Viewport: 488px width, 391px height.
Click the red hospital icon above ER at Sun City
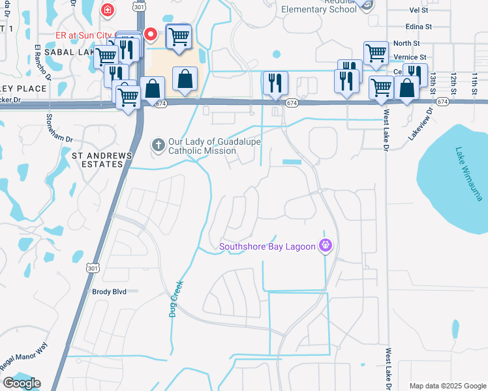pos(107,11)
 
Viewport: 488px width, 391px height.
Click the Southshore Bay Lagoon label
pos(267,246)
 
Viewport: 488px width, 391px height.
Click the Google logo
pos(21,383)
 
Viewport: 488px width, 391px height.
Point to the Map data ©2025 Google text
pos(448,386)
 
